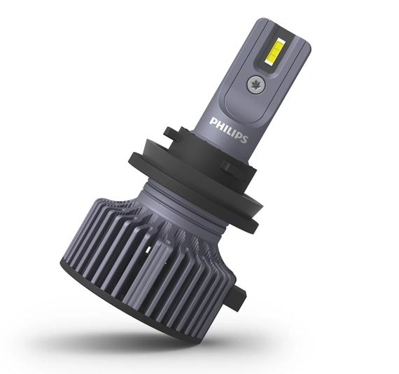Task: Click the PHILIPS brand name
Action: tap(228, 130)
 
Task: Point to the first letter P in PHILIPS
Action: tap(213, 120)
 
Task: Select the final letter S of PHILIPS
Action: tap(244, 139)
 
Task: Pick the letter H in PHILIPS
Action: tap(219, 124)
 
